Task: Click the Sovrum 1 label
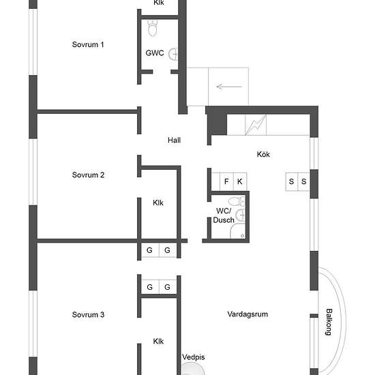(88, 44)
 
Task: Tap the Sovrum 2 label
(88, 175)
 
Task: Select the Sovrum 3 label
(88, 314)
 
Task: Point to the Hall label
(174, 140)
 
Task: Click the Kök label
(263, 154)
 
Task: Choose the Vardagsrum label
(247, 314)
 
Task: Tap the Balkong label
(329, 322)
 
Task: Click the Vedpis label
(194, 357)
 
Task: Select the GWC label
(155, 53)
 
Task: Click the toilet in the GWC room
(152, 28)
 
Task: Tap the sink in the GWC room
(173, 54)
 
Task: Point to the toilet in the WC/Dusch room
(237, 201)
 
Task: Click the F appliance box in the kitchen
(226, 181)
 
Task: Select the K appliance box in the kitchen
(240, 181)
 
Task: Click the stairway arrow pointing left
(229, 87)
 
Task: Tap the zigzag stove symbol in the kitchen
(256, 125)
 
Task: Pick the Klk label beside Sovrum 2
(158, 202)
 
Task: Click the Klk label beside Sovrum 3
(158, 342)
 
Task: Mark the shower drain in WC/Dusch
(242, 236)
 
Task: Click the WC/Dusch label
(224, 215)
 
